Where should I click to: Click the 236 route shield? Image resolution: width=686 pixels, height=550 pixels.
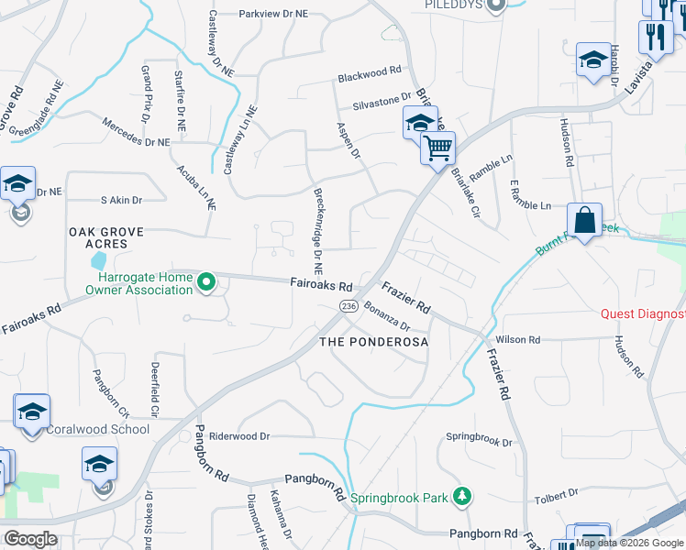(x=348, y=305)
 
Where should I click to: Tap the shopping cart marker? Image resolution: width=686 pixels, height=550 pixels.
(x=438, y=147)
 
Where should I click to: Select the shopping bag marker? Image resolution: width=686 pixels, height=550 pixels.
(x=584, y=221)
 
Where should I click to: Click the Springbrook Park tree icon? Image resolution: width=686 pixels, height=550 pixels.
(x=464, y=497)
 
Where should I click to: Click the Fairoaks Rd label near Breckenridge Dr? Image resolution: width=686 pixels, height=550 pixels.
(x=322, y=285)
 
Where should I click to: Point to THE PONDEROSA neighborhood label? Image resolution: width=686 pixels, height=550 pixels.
(x=373, y=341)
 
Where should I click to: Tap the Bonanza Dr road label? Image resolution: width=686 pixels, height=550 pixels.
(x=386, y=316)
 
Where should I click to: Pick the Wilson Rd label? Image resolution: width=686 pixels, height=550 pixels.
(x=518, y=339)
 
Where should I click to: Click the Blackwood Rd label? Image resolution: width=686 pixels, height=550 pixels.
(x=370, y=70)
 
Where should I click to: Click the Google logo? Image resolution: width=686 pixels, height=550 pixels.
(x=31, y=538)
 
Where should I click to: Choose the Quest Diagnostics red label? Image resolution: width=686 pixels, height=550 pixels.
(x=643, y=313)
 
